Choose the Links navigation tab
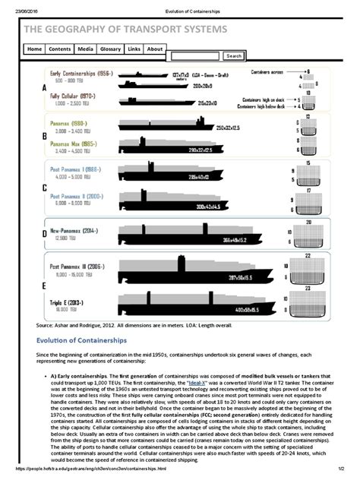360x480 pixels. click(134, 49)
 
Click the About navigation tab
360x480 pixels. click(155, 49)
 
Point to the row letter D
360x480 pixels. click(33, 235)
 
